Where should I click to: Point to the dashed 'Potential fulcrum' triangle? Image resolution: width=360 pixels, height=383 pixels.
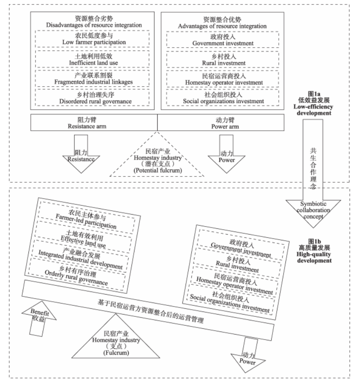coord(157,160)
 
